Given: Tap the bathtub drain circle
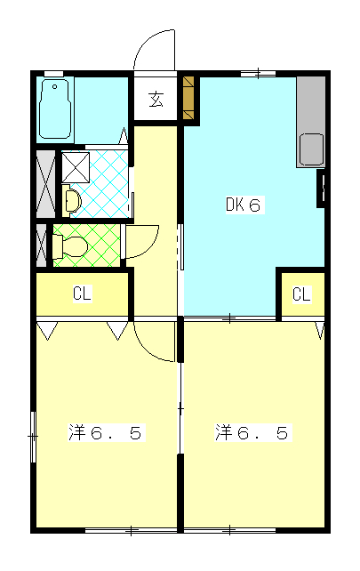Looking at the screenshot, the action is click(x=54, y=86).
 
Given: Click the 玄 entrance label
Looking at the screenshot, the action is click(x=156, y=100).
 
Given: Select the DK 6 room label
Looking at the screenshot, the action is click(x=244, y=205).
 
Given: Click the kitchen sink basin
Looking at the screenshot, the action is click(x=311, y=149).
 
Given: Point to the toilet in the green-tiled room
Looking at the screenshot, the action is click(x=70, y=246).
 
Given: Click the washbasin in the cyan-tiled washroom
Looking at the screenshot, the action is click(x=71, y=200).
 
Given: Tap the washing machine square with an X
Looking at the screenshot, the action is click(x=76, y=167).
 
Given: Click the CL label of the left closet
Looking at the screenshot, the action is click(x=82, y=294).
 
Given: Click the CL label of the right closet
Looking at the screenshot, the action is click(x=301, y=294).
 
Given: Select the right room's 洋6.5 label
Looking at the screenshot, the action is click(x=252, y=432).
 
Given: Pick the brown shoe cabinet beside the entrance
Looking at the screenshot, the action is click(x=189, y=98).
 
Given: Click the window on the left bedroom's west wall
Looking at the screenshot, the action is click(x=33, y=437).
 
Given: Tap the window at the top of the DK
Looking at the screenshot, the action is click(x=258, y=74).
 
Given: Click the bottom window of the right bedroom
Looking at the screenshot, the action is click(x=229, y=530).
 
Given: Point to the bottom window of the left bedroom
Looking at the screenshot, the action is click(x=131, y=530).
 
